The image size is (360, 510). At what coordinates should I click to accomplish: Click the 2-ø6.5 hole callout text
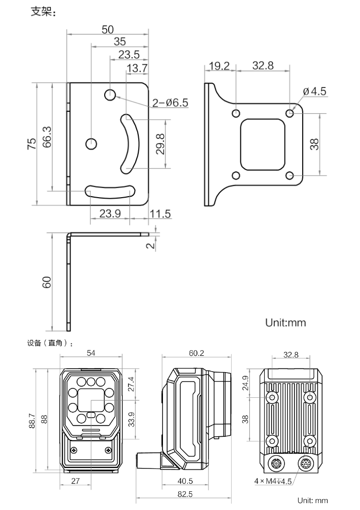point(170,103)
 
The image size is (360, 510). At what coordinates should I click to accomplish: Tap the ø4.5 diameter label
point(315,91)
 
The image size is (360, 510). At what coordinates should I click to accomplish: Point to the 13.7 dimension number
point(137,68)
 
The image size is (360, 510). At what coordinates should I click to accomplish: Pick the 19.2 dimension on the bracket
point(219,66)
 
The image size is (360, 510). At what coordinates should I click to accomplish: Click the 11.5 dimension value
point(160,214)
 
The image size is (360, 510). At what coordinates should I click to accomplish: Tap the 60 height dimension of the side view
point(47,282)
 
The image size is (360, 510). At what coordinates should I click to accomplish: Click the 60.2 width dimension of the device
point(196,353)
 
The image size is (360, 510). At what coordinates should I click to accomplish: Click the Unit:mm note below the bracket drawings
point(285,323)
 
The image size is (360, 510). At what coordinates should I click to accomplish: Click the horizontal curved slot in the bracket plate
point(110,190)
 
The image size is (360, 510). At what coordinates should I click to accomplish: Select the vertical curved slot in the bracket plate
point(129,143)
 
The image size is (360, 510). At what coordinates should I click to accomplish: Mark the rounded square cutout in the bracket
point(263,144)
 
